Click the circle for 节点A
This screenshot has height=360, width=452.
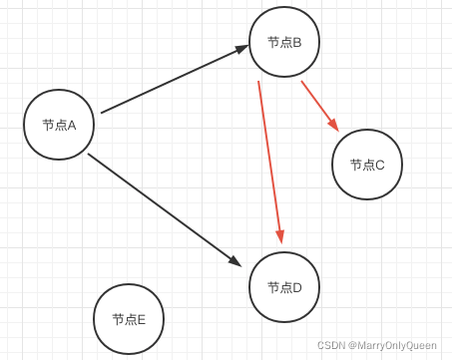coord(59,125)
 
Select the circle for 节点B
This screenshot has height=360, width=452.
coord(284,42)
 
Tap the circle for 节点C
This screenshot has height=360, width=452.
coord(367,165)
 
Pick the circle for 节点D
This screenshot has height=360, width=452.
coord(284,287)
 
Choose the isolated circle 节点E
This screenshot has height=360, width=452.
coord(129,319)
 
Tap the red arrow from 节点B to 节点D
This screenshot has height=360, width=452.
coord(269,160)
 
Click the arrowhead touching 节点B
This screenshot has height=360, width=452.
coord(241,49)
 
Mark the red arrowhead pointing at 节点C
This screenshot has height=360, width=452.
coord(333,125)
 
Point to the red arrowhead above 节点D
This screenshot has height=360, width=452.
coord(280,235)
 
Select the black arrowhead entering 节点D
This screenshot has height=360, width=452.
coord(234,260)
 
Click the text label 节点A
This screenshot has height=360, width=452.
coord(59,125)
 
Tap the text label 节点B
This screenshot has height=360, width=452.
coord(284,42)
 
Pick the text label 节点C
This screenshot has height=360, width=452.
coord(367,165)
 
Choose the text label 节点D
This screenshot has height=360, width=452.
coord(284,287)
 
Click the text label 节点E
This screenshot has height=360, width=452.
coord(129,319)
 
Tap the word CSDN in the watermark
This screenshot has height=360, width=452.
coord(330,345)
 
